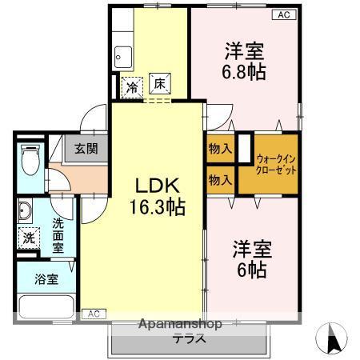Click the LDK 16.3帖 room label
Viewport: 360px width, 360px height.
click(x=158, y=197)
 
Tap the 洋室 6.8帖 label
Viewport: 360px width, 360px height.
click(x=244, y=61)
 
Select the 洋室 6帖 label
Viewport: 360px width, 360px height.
click(x=252, y=259)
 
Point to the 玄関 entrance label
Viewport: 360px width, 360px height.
click(x=86, y=149)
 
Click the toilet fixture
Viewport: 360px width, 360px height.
click(x=30, y=159)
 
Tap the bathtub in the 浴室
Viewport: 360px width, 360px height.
click(x=46, y=306)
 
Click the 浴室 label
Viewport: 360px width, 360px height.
click(x=46, y=279)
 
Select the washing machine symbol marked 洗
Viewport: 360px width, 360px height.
click(x=29, y=238)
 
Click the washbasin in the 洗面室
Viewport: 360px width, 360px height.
click(x=25, y=210)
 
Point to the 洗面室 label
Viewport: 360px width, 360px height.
click(x=58, y=235)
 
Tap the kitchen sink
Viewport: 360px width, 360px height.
click(x=123, y=57)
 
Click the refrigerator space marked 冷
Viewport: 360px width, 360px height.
click(x=132, y=88)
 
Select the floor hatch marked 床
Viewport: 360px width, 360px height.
click(x=160, y=84)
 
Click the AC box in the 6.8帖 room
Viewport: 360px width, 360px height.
click(x=284, y=14)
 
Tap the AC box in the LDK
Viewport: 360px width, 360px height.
click(x=94, y=314)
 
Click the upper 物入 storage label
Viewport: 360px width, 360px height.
click(x=220, y=148)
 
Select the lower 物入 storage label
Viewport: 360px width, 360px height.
click(x=220, y=180)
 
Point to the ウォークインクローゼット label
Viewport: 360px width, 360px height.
click(x=276, y=165)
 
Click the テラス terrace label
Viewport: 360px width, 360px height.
click(x=189, y=339)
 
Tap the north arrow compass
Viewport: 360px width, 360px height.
click(x=331, y=338)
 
